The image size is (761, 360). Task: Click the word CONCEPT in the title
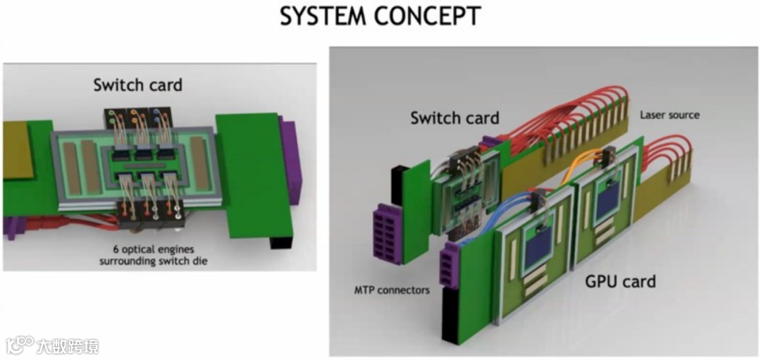[x=431, y=15]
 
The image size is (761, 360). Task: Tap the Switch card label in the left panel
[x=137, y=85]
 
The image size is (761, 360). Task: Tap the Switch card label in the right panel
[x=454, y=118]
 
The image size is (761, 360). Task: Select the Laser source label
[x=669, y=114]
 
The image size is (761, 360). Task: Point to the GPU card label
[x=620, y=282]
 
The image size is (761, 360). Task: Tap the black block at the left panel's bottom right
[x=280, y=242]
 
